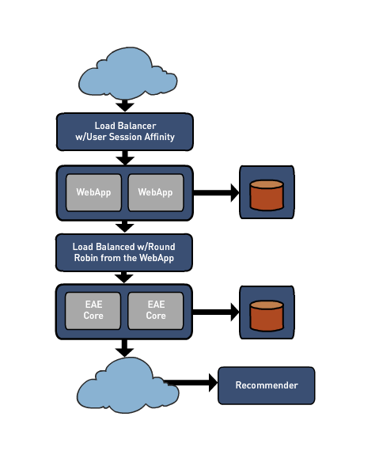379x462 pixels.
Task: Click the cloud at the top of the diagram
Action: coord(127,74)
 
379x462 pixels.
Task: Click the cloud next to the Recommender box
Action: coord(127,386)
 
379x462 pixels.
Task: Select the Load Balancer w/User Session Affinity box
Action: coord(125,131)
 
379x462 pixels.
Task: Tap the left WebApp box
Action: coord(93,192)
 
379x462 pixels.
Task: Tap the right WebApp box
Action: coord(156,192)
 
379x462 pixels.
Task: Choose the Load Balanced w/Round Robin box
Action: coord(124,252)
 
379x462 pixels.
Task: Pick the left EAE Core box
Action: coord(93,311)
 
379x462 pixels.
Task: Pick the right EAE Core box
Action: coord(156,311)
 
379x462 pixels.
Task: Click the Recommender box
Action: coord(267,385)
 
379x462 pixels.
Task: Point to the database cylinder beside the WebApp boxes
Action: coord(267,195)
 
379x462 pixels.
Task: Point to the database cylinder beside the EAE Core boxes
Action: coord(267,316)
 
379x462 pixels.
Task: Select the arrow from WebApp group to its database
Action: coord(216,193)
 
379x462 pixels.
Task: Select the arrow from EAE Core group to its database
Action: coord(216,312)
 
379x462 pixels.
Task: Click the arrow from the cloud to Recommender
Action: coord(191,383)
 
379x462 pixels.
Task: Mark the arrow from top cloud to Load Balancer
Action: coord(125,106)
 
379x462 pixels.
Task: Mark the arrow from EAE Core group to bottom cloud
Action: coord(124,348)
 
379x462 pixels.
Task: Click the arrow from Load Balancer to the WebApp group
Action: coord(125,158)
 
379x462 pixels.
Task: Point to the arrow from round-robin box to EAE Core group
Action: coord(124,277)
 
